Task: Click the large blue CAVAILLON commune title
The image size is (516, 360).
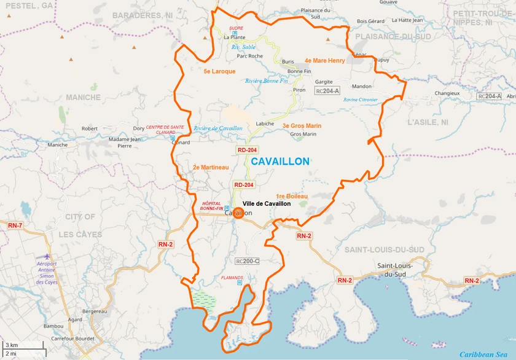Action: click(x=280, y=162)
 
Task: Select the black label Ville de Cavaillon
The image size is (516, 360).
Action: click(x=266, y=204)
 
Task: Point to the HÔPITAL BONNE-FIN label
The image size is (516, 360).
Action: click(x=211, y=205)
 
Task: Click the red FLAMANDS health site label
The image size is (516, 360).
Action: click(x=232, y=278)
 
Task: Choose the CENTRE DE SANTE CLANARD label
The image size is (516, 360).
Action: click(x=165, y=129)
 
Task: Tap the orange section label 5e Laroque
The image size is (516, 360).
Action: click(x=219, y=71)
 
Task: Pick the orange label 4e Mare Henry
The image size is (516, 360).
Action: click(x=325, y=61)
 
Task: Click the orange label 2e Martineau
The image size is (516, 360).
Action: click(x=210, y=167)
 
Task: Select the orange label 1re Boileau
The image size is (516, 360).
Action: click(x=292, y=196)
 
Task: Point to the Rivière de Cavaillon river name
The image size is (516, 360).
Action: click(x=218, y=128)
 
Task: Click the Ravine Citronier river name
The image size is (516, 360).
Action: click(x=361, y=100)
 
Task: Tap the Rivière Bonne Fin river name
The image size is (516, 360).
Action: click(x=266, y=80)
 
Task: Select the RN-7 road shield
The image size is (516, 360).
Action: click(x=15, y=226)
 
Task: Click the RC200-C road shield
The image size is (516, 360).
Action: click(x=247, y=261)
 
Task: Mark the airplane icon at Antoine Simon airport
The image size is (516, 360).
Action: click(x=49, y=256)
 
